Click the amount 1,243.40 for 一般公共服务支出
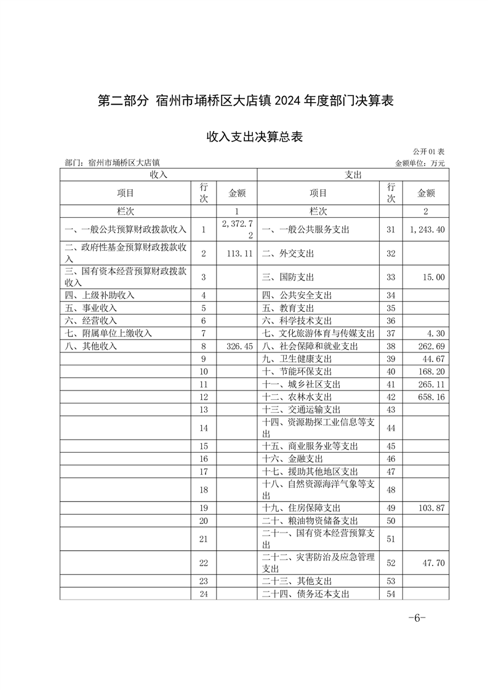tap(426, 229)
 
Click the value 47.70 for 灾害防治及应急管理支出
tap(433, 562)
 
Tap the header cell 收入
tap(158, 175)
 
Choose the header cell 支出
tap(353, 175)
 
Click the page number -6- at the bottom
tap(417, 618)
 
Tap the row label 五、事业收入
tap(91, 307)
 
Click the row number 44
tap(390, 427)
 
